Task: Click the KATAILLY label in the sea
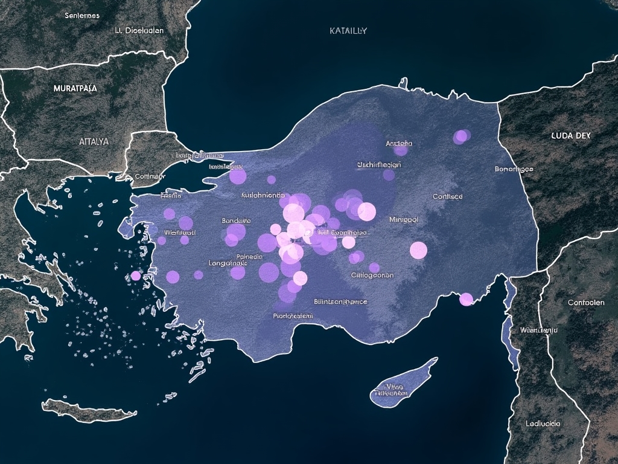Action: click(348, 30)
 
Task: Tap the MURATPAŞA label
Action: click(75, 88)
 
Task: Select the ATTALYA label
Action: click(94, 141)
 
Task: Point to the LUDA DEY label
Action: click(570, 136)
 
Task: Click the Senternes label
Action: click(82, 15)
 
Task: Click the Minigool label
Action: click(404, 220)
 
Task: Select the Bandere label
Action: click(237, 221)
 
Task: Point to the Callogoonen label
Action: click(372, 275)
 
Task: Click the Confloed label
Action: click(448, 196)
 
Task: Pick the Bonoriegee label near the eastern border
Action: click(514, 169)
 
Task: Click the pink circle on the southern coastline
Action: click(466, 299)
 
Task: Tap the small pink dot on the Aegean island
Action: click(136, 276)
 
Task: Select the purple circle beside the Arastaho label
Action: click(401, 149)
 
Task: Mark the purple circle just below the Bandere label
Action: click(236, 232)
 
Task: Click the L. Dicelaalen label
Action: click(139, 30)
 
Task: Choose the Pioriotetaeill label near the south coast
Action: click(293, 315)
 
